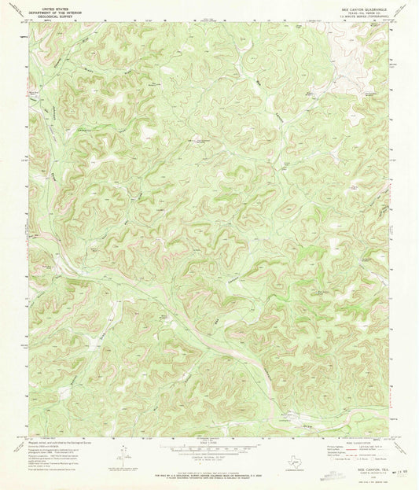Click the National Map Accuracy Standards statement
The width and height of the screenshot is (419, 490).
click(208, 472)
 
